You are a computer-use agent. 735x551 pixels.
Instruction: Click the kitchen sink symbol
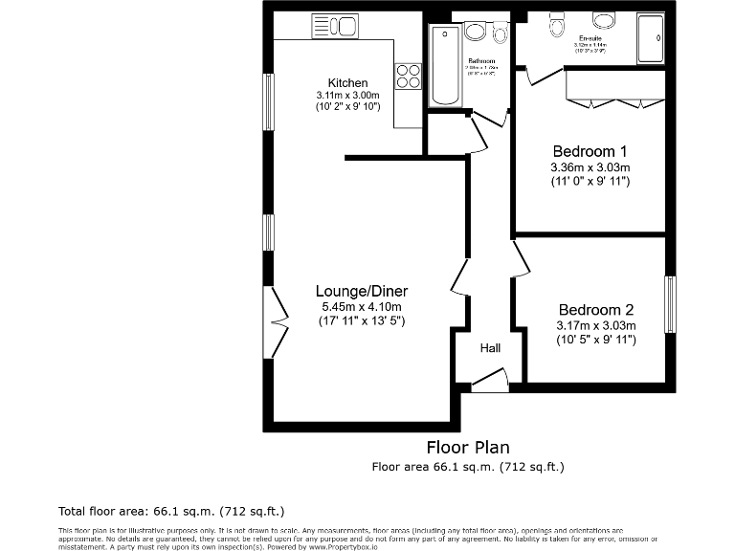[x=334, y=27]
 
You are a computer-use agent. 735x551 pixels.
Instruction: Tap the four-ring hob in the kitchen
[x=409, y=76]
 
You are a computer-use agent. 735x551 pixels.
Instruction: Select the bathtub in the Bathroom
[x=446, y=66]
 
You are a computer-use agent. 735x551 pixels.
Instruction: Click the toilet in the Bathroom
[x=499, y=33]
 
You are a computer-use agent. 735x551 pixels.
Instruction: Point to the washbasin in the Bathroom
[x=475, y=33]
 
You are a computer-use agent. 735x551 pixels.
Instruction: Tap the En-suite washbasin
[x=603, y=20]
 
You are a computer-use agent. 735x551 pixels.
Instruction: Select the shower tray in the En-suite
[x=651, y=39]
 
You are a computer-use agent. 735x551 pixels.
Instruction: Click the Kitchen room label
[x=347, y=83]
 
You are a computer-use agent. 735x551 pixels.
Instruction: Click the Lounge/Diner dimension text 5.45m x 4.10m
[x=362, y=306]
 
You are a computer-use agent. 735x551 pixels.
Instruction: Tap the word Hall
[x=490, y=348]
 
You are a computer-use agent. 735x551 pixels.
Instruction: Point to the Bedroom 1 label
[x=590, y=151]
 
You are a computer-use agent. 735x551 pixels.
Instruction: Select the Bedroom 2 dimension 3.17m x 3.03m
[x=596, y=325]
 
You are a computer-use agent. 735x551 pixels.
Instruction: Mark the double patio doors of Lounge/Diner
[x=278, y=323]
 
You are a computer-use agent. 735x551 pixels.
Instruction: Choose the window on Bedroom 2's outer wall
[x=670, y=304]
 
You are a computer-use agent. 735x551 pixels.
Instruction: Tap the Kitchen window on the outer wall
[x=270, y=99]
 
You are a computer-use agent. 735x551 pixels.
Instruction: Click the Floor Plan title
[x=467, y=447]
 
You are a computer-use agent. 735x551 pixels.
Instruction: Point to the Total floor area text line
[x=171, y=510]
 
